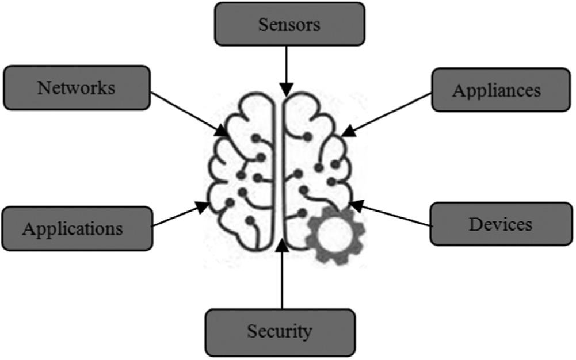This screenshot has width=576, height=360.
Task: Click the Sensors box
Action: [x=289, y=24]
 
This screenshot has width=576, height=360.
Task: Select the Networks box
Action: [x=77, y=87]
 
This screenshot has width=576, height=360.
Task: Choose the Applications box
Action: [x=77, y=228]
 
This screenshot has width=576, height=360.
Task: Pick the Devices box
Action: [x=501, y=224]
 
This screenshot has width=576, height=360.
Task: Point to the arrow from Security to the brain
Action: [x=281, y=276]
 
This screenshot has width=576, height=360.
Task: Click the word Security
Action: [x=280, y=331]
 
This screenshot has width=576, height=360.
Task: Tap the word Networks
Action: [x=77, y=88]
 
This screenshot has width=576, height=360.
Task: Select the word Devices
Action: [x=501, y=224]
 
